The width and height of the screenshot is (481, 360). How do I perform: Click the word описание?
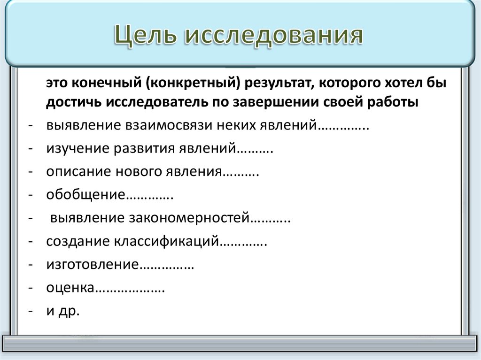pos(78,172)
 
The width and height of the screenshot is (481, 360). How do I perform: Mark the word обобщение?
pos(85,195)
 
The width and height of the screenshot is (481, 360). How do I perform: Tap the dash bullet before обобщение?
pos(30,195)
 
